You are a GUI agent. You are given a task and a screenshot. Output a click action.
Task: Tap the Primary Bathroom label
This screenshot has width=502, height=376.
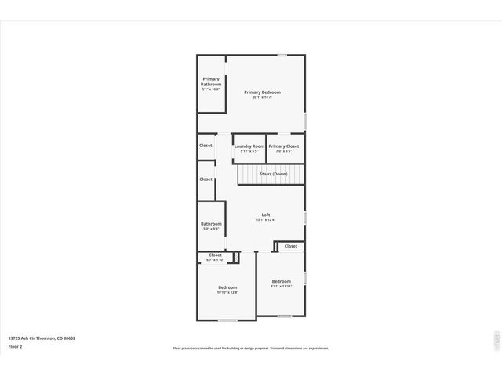tap(211, 81)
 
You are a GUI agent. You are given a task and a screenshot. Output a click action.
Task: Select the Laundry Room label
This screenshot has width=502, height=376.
tap(249, 146)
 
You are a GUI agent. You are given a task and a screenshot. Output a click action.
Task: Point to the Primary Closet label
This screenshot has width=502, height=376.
tap(284, 146)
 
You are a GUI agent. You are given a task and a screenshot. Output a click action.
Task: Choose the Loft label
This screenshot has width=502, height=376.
tap(265, 215)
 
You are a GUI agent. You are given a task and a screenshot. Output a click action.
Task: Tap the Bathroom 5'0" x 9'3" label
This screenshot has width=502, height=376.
tap(211, 224)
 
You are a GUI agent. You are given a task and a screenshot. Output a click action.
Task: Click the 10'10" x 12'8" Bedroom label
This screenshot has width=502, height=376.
tap(227, 287)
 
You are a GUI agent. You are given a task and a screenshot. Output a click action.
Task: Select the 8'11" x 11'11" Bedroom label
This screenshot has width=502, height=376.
tap(281, 281)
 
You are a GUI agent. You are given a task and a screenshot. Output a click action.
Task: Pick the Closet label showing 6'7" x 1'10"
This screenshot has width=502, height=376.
tap(215, 255)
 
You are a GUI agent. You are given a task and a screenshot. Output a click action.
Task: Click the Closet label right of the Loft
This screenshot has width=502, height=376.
tap(291, 246)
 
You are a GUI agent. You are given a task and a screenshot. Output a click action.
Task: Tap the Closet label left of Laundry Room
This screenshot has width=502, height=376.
tap(206, 145)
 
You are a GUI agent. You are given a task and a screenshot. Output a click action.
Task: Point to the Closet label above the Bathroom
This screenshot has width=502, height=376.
tap(206, 179)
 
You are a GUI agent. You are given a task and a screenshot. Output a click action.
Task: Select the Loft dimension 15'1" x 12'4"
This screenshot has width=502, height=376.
tap(265, 220)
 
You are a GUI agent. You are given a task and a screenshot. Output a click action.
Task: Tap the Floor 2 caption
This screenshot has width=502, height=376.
tap(16, 346)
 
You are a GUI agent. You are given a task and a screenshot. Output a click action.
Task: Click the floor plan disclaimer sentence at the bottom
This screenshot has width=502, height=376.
tap(251, 349)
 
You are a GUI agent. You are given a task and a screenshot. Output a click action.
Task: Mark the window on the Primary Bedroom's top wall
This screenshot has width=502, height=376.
tap(282, 55)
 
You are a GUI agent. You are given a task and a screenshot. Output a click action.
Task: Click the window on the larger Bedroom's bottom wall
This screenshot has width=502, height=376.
tap(227, 320)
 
